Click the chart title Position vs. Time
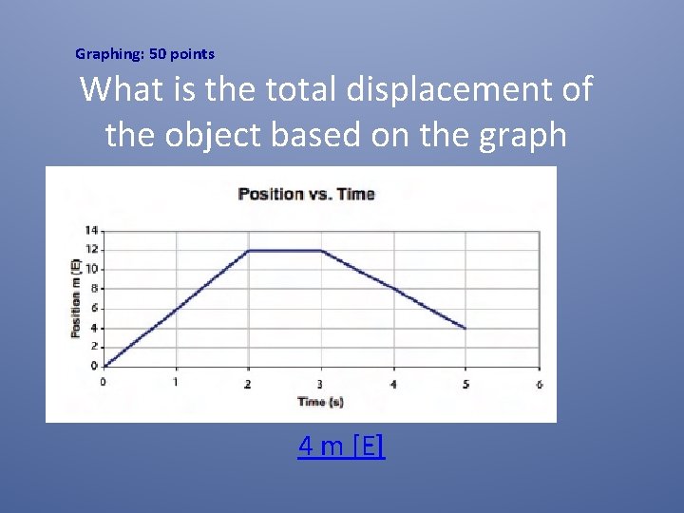306,194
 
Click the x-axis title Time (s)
320,402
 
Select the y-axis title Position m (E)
75,297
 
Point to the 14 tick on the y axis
91,230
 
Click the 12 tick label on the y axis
91,249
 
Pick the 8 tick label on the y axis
93,288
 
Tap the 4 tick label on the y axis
93,328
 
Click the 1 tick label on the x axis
176,382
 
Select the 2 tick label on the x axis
249,383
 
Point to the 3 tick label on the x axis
321,383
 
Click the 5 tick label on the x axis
465,383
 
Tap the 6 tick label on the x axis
539,384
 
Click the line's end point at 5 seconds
465,328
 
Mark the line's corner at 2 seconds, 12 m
249,251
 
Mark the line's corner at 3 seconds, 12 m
321,251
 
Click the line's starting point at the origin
104,366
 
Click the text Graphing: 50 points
144,54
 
